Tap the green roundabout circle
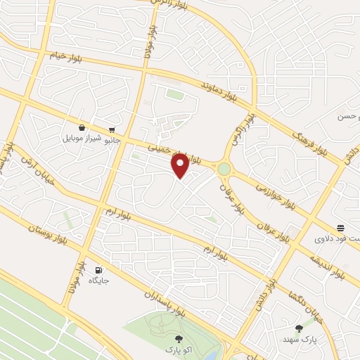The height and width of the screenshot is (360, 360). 224,169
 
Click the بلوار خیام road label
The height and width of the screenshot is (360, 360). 66,56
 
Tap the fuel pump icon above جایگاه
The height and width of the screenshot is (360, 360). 98,269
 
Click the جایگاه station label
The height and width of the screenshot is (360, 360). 98,281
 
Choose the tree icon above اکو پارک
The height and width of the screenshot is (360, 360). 186,338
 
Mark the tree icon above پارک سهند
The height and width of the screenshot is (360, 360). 300,328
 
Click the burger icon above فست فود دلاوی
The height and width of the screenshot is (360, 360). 340,227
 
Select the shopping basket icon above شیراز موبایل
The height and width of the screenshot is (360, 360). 83,127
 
